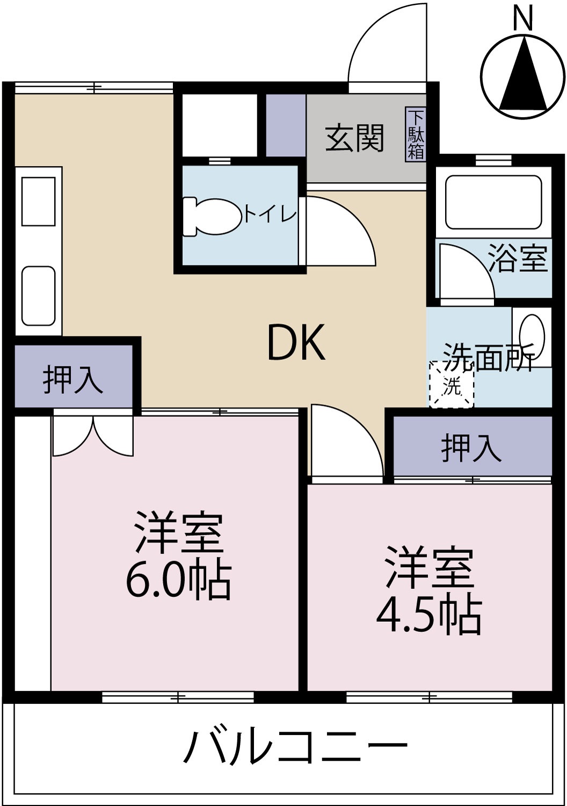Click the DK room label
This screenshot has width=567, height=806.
296,343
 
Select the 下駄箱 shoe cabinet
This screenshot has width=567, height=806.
416,134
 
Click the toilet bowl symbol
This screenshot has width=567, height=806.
213,217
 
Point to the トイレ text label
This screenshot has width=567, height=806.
271,215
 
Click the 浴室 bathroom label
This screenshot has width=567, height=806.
518,258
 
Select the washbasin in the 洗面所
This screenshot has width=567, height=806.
532,336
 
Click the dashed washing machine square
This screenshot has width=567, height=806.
452,385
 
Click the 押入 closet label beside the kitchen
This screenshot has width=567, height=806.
72,379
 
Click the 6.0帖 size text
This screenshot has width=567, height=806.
178,581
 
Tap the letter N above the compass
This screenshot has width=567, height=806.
522,19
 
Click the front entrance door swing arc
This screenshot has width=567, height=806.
387,43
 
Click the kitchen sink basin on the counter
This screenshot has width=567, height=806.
38,296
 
